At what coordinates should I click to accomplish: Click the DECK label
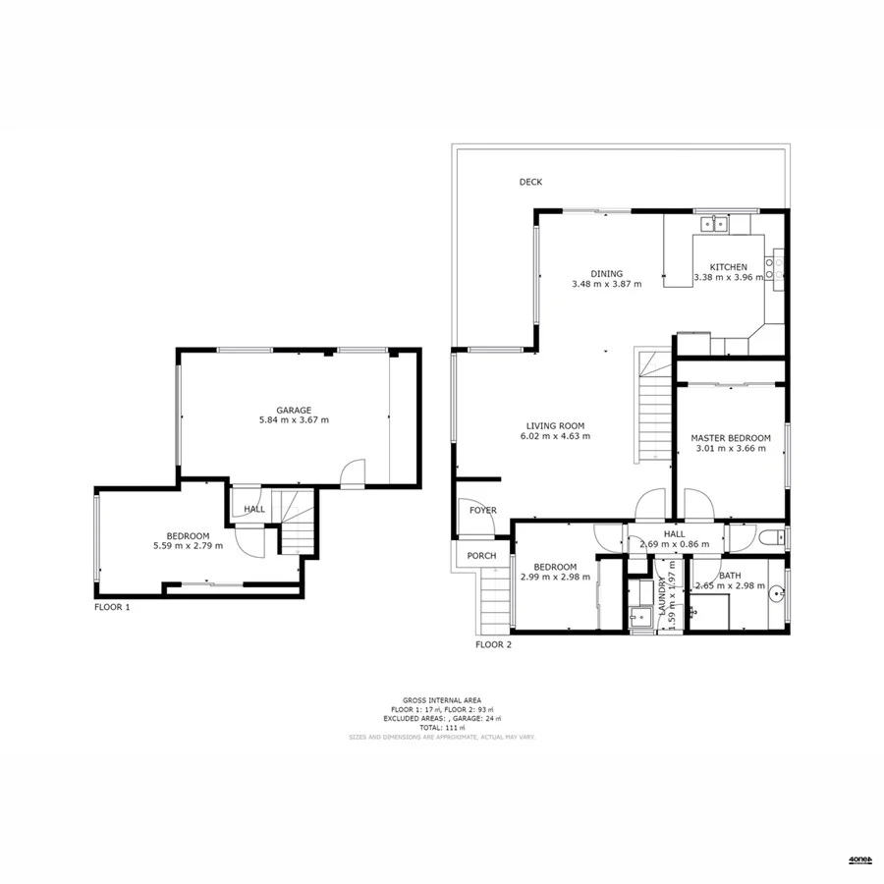(x=530, y=182)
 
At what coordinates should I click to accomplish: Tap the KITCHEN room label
(x=729, y=267)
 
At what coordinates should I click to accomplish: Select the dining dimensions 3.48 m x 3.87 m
(x=606, y=285)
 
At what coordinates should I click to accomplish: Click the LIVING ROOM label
(x=555, y=425)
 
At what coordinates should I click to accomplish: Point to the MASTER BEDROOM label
(x=730, y=438)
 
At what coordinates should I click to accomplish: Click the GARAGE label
(x=293, y=411)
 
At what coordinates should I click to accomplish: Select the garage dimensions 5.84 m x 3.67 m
(x=293, y=420)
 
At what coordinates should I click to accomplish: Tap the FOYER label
(x=482, y=511)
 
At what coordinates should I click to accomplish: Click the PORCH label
(x=481, y=556)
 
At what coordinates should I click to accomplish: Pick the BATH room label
(x=730, y=577)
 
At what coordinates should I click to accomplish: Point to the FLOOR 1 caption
(x=112, y=608)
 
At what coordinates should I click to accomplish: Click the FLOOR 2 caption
(x=494, y=645)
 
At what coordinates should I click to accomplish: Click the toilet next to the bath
(x=776, y=537)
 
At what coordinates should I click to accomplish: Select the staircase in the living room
(x=651, y=408)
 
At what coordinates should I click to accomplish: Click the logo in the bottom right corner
(x=860, y=860)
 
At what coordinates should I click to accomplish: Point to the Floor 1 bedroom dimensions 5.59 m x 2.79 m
(x=188, y=545)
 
